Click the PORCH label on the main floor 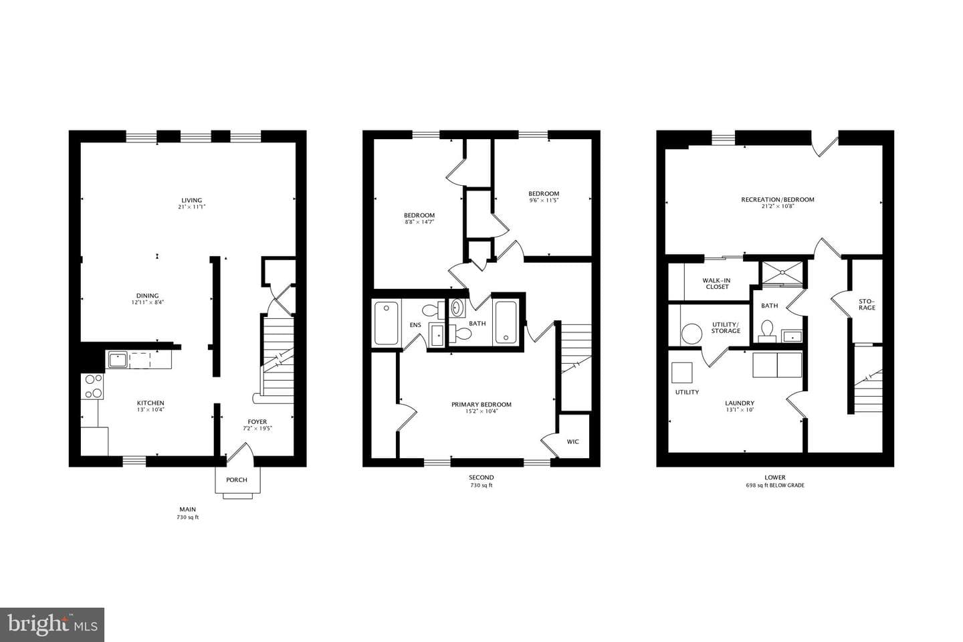point(237,480)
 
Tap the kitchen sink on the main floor point(118,360)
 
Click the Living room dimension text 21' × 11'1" point(191,207)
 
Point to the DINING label point(147,296)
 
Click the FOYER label point(257,422)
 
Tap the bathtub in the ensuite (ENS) point(386,323)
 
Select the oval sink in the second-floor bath point(457,308)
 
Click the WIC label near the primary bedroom point(572,441)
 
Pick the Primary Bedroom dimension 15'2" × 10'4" point(481,411)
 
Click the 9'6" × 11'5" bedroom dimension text point(544,201)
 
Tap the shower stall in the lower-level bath point(782,273)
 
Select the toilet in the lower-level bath point(766,331)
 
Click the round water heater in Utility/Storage point(691,334)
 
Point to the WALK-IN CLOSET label point(717,284)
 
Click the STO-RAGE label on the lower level point(867,304)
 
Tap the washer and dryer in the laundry point(777,365)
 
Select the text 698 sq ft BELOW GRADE point(774,485)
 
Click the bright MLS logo point(52,625)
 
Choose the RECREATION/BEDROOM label point(777,199)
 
